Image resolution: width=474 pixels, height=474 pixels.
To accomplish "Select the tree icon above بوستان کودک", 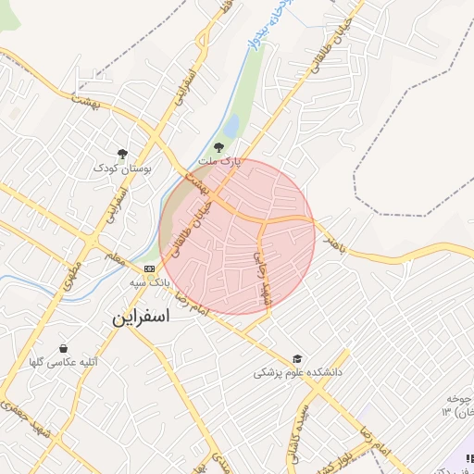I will click(122, 154).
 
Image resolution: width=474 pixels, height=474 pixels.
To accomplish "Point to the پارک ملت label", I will click(222, 161).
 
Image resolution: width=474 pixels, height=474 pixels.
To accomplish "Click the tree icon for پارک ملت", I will click(219, 146).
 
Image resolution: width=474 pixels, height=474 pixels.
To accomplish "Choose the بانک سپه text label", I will click(147, 279).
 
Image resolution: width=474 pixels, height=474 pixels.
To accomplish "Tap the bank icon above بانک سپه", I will click(150, 267).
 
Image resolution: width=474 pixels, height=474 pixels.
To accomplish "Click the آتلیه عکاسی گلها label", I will click(63, 362).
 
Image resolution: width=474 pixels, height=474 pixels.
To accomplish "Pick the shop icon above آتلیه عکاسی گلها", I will click(63, 349).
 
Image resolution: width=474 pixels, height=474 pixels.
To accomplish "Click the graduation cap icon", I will click(297, 358).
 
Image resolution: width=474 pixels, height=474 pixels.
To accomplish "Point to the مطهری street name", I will click(73, 275).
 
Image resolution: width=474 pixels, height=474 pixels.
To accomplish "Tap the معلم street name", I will click(116, 260).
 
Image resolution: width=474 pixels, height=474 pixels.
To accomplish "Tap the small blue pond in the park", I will click(231, 123).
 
